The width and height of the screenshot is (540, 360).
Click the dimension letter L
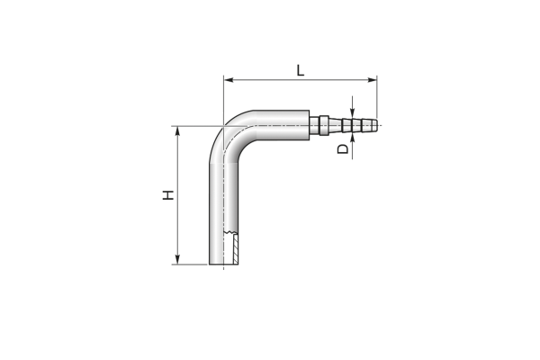click(x=301, y=70)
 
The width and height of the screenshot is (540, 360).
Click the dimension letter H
click(x=168, y=195)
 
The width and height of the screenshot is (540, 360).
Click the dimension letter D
click(x=343, y=148)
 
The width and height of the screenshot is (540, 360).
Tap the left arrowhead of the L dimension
click(x=229, y=80)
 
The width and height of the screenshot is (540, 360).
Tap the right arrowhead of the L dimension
click(x=373, y=80)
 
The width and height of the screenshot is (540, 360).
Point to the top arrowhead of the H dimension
click(x=177, y=131)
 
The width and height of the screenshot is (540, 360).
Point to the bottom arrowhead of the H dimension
click(x=177, y=259)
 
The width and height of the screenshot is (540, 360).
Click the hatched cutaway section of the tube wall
click(x=236, y=249)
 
